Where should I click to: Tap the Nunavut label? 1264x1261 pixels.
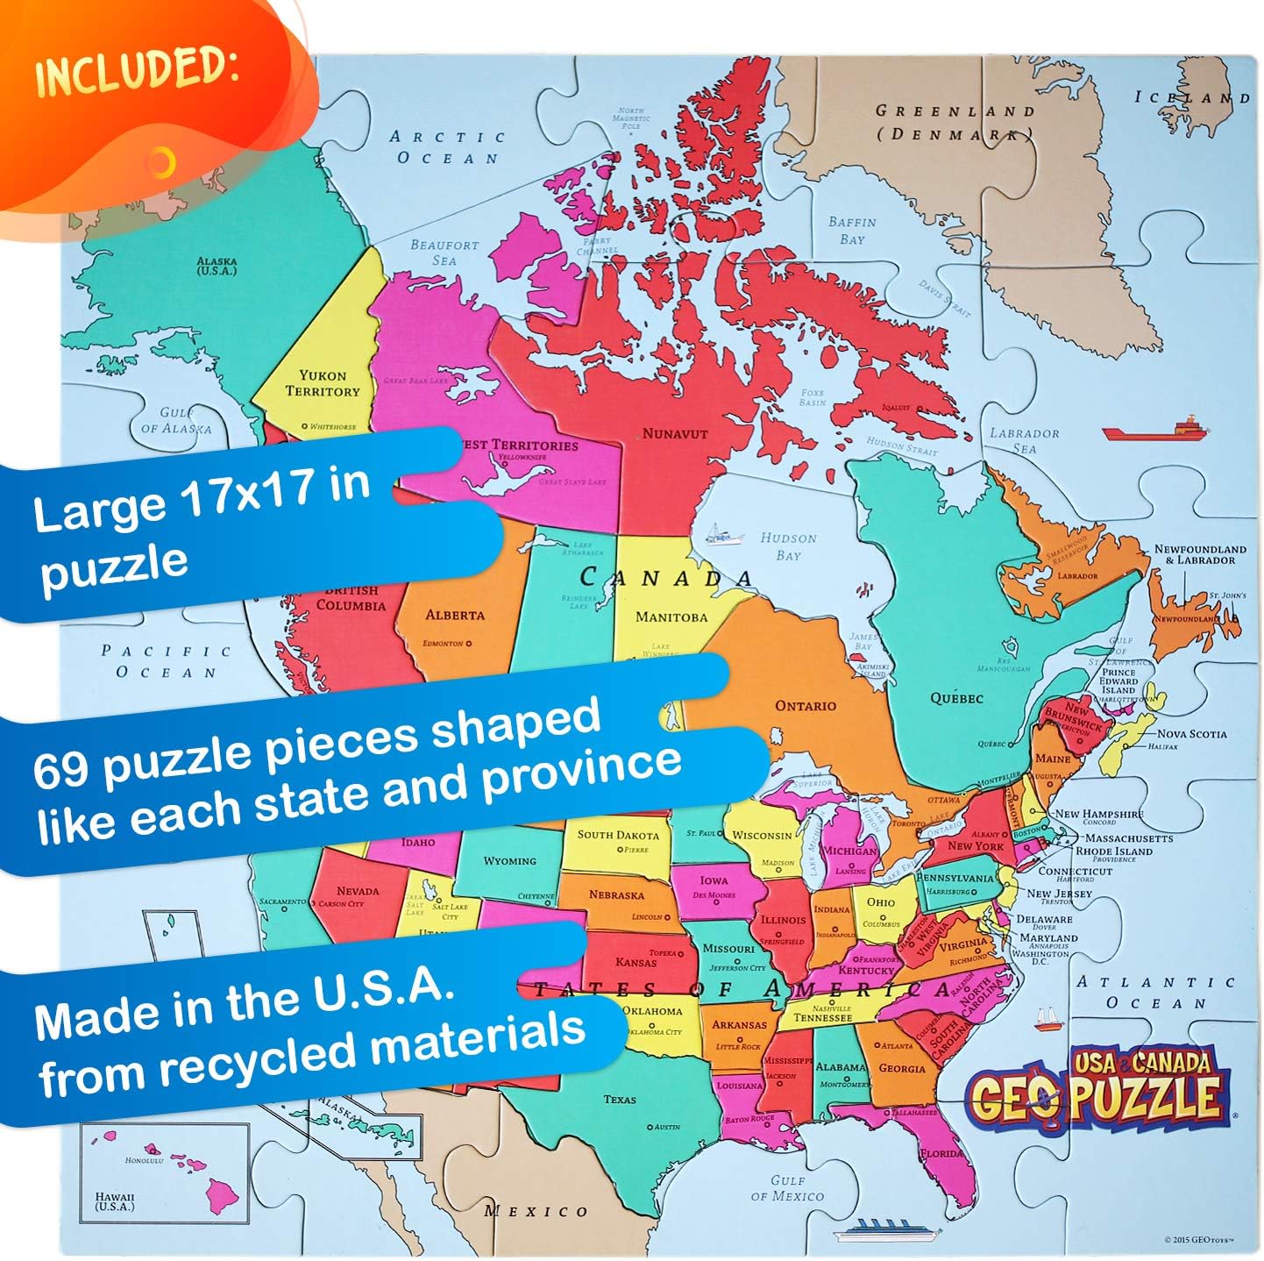[x=674, y=433]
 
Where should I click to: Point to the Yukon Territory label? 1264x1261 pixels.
[x=323, y=383]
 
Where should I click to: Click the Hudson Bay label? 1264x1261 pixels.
[x=788, y=546]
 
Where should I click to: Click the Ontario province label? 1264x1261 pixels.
[x=805, y=706]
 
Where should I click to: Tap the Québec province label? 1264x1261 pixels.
[x=956, y=699]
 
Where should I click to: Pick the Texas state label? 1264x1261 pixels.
[x=620, y=1099]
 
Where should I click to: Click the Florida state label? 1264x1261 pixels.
[x=942, y=1153]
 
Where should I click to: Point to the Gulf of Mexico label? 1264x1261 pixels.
[x=787, y=1188]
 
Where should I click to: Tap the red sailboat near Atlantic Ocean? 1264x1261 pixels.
[x=1048, y=1019]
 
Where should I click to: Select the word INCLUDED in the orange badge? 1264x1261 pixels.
[x=137, y=69]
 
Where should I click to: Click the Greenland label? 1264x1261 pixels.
[x=955, y=111]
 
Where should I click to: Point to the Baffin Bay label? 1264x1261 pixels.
[x=852, y=231]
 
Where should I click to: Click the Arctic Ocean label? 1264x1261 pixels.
[x=448, y=147]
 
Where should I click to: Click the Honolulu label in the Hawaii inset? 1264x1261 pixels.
[x=144, y=1160]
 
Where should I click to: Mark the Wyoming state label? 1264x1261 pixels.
[x=509, y=861]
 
